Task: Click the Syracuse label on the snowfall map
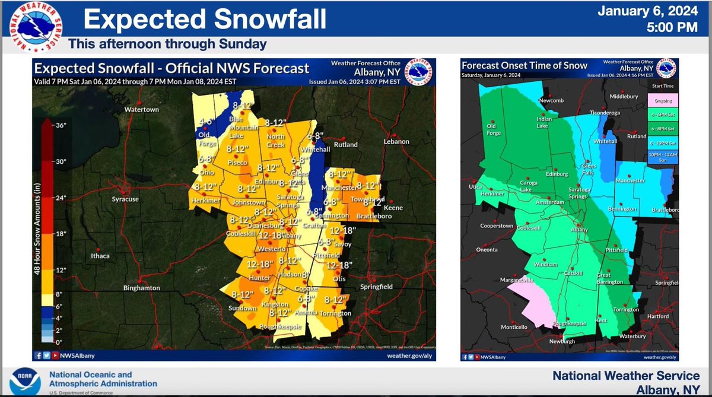[125, 199]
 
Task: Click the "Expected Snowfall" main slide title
[205, 18]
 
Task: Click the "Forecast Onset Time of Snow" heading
[525, 66]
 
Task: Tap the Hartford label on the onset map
[657, 316]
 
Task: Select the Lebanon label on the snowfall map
[396, 142]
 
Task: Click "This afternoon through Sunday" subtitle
[167, 44]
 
